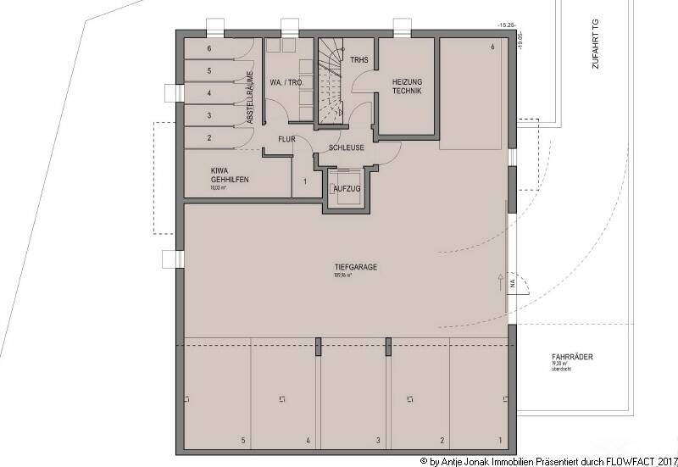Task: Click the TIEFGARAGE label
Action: (x=356, y=267)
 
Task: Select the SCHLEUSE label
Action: (x=337, y=147)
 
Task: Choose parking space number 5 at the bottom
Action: (x=243, y=441)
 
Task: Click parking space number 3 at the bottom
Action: (x=378, y=441)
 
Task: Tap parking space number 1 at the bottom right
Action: (x=499, y=441)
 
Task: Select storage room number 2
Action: (x=209, y=137)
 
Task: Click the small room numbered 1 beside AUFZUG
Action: (x=304, y=181)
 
